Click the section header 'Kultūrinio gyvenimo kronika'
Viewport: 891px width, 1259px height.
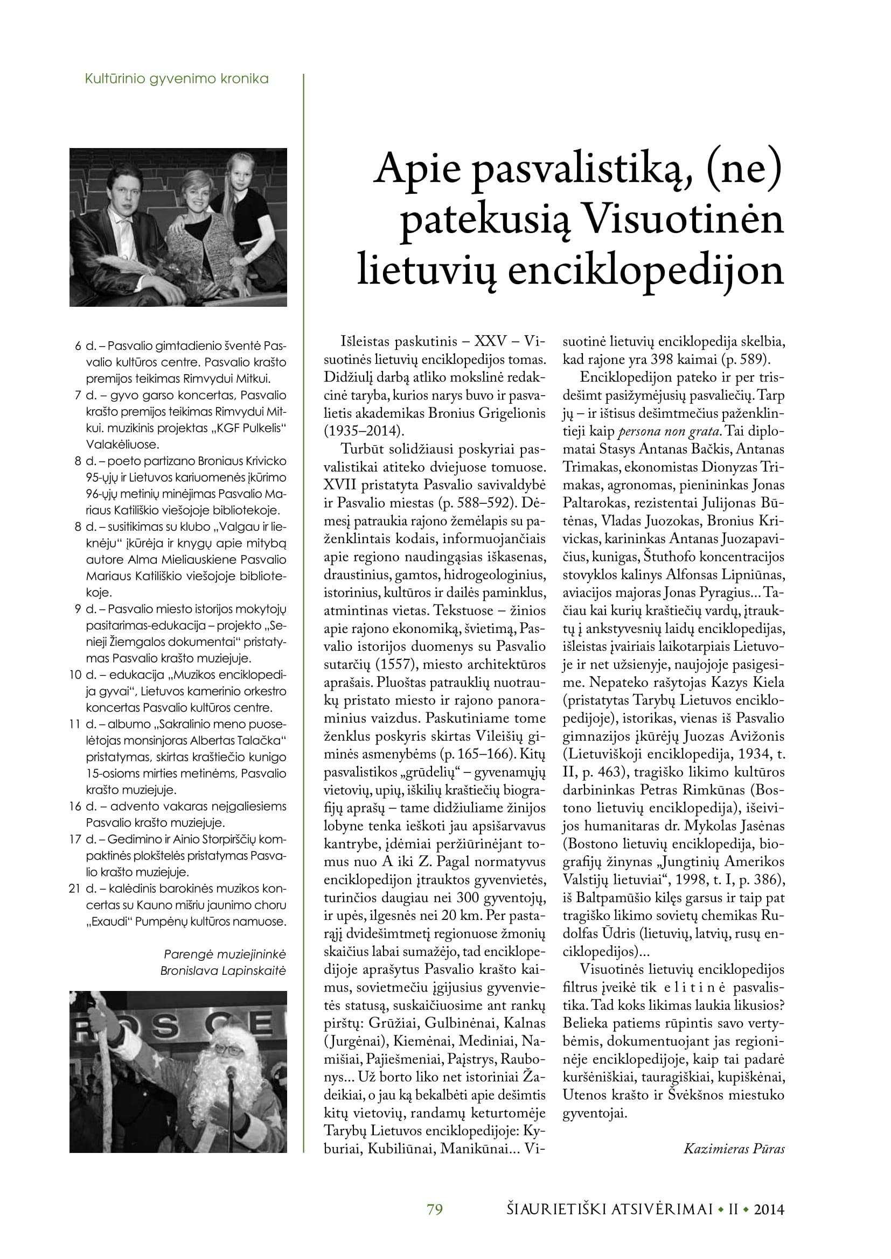(177, 79)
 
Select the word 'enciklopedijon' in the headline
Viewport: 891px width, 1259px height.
(646, 270)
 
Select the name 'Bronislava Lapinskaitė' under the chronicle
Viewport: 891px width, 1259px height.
(224, 971)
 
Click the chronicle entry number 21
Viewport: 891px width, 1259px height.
(75, 889)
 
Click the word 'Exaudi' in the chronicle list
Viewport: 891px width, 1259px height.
(108, 922)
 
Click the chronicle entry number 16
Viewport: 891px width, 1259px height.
(75, 807)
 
